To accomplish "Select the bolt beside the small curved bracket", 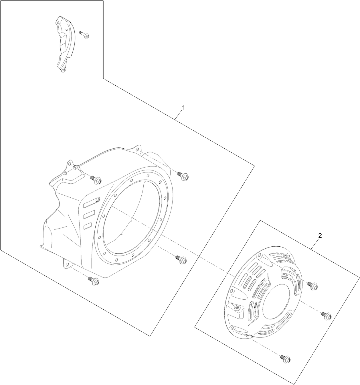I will [85, 35].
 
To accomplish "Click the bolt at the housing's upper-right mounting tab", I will [183, 176].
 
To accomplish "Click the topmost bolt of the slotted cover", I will [312, 285].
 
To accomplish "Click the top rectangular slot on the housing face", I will [90, 203].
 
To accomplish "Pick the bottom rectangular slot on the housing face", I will [87, 225].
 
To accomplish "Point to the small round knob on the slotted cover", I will [237, 307].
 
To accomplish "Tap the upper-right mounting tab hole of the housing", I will [137, 149].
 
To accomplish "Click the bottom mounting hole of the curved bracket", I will [64, 69].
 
